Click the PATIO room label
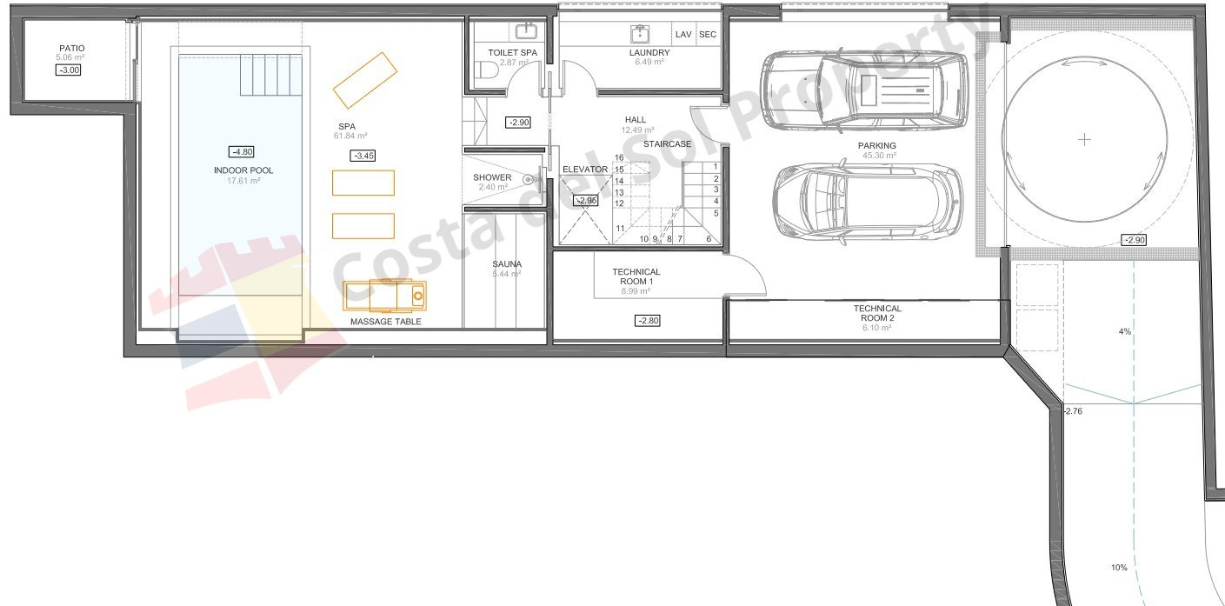pyautogui.click(x=71, y=49)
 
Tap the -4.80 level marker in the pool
pyautogui.click(x=241, y=151)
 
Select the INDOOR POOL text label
pyautogui.click(x=243, y=170)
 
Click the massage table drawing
pyautogui.click(x=384, y=296)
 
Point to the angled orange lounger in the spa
pyautogui.click(x=364, y=79)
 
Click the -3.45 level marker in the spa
pyautogui.click(x=363, y=156)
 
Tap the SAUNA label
pyautogui.click(x=506, y=264)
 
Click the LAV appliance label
pyautogui.click(x=683, y=35)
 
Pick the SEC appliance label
pyautogui.click(x=708, y=35)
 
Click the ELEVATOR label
pyautogui.click(x=584, y=170)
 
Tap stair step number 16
pyautogui.click(x=619, y=158)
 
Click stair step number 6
pyautogui.click(x=709, y=239)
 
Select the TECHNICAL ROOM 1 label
pyautogui.click(x=636, y=277)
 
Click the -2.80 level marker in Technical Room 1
pyautogui.click(x=648, y=321)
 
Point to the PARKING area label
pyautogui.click(x=876, y=146)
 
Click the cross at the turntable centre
pyautogui.click(x=1083, y=139)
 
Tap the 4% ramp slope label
pyautogui.click(x=1124, y=331)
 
